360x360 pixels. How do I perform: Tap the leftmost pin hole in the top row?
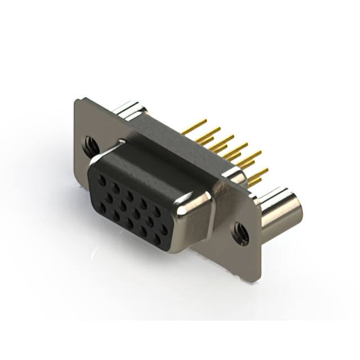click(x=102, y=181)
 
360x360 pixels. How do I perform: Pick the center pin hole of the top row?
click(x=129, y=196)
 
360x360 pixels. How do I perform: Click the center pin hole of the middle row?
click(x=136, y=214)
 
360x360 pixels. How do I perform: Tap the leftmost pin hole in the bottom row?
click(x=102, y=208)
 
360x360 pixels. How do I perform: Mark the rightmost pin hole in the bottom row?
click(x=157, y=239)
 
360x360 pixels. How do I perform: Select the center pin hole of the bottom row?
click(x=130, y=223)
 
